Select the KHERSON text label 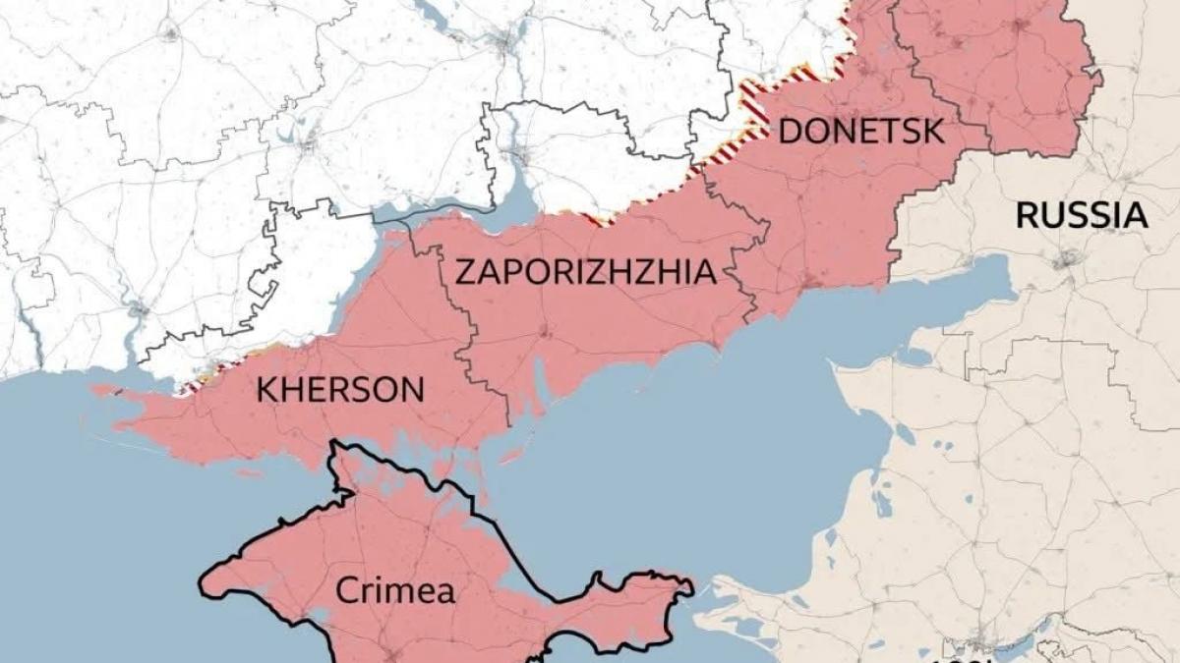[x=340, y=390]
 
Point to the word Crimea [x=395, y=591]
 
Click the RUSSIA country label [x=1082, y=215]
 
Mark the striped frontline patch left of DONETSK [x=755, y=102]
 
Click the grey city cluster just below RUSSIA [x=1067, y=260]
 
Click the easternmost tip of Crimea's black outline [x=691, y=588]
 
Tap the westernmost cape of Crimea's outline [x=203, y=586]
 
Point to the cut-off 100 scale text [x=959, y=655]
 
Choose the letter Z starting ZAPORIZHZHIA [x=463, y=271]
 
